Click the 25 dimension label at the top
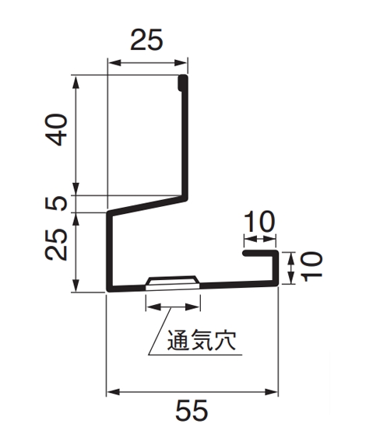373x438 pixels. pos(146,40)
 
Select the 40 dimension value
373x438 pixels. pos(57,130)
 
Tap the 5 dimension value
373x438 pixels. pos(57,203)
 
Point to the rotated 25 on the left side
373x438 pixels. pos(57,245)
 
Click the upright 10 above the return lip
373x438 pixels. pos(260,222)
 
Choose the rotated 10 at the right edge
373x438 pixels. pos(311,267)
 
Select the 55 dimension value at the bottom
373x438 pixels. pos(192,410)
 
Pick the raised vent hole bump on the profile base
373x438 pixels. pos(173,282)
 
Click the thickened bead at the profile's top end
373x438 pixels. pos(183,82)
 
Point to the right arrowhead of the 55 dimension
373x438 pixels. pos(271,392)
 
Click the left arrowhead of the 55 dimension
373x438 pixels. pos(114,392)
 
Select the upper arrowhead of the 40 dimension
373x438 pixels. pos(76,82)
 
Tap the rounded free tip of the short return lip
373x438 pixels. pos(245,254)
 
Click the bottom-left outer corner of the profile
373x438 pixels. pos(107,290)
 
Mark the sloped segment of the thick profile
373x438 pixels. pos(147,205)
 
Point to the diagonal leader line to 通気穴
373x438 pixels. pos(160,331)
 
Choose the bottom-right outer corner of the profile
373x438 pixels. pos(278,285)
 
